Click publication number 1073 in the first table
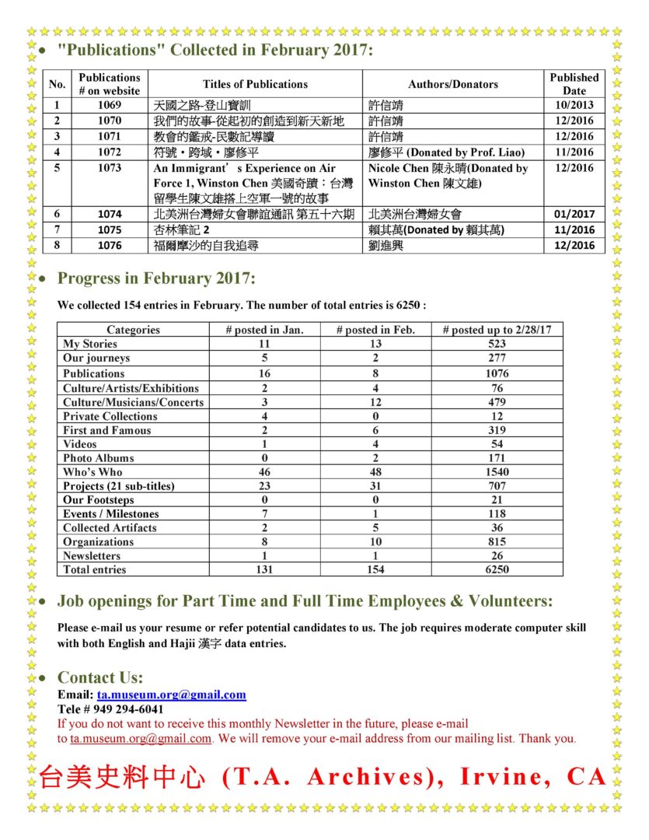pos(110,168)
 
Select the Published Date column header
pos(574,84)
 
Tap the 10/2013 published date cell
pos(574,105)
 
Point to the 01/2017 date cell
pos(574,214)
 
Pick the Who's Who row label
pos(92,472)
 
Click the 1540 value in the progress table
pos(497,472)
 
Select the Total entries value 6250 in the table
pos(497,570)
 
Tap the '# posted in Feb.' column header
pos(375,330)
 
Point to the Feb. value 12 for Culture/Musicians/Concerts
pos(375,402)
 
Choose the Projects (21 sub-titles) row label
pos(118,486)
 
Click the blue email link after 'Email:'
pos(171,695)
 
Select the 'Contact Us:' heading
pos(100,677)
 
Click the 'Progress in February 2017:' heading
pos(156,278)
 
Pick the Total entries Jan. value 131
pos(264,570)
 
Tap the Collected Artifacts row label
pos(110,528)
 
